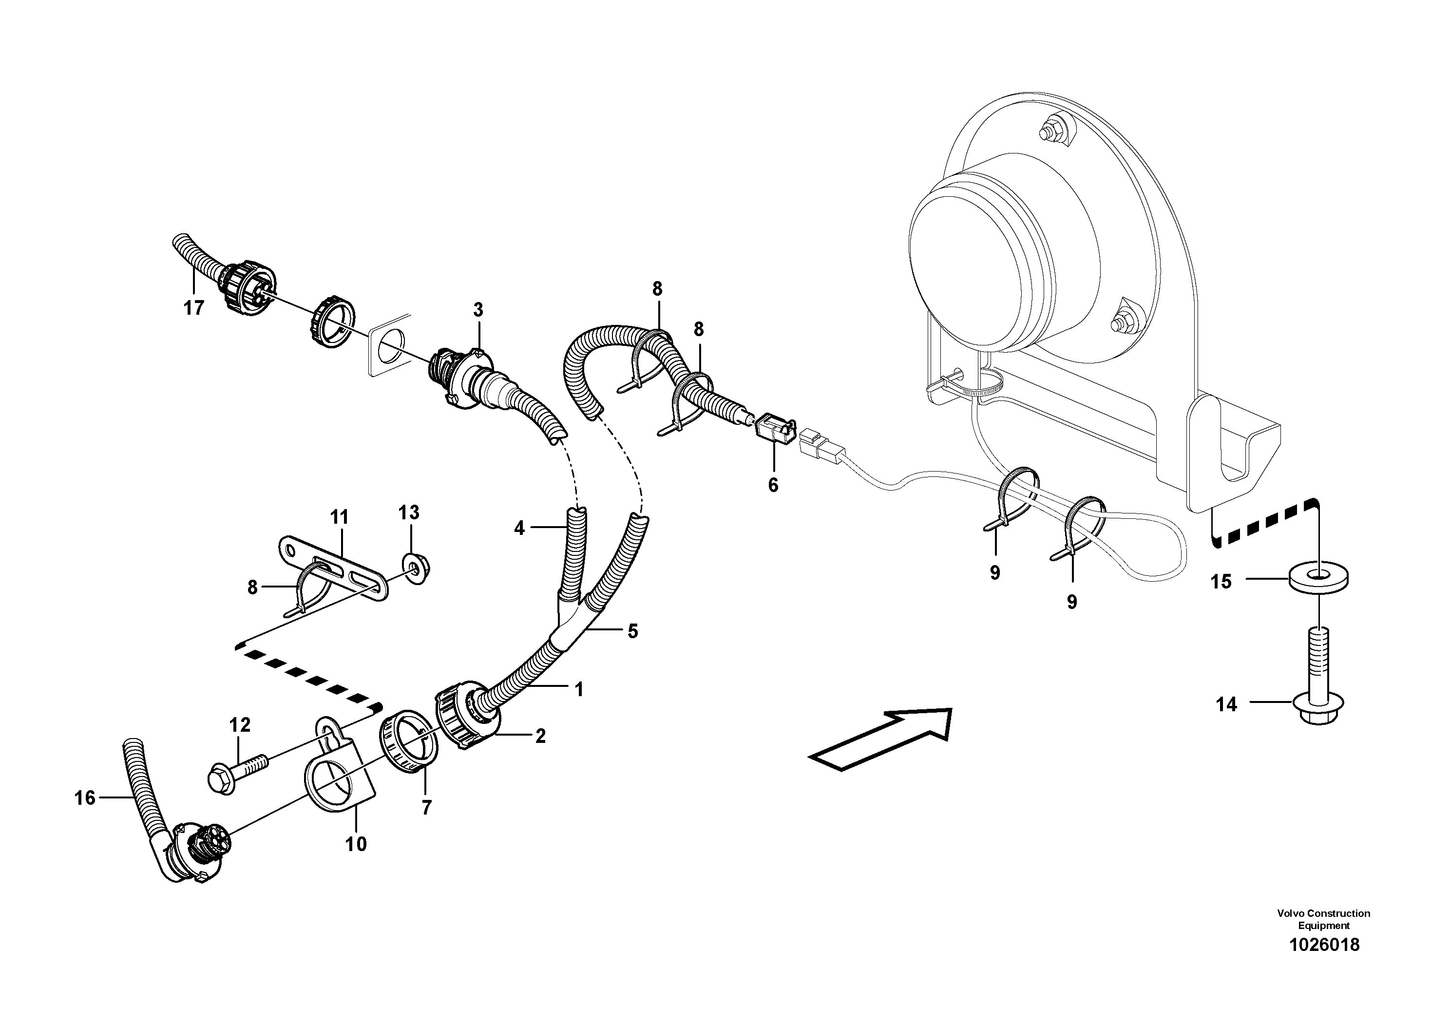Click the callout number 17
tap(194, 308)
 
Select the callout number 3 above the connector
tap(478, 310)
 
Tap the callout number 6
tap(773, 485)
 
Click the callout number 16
tap(85, 798)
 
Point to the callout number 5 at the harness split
tap(633, 631)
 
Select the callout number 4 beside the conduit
tap(519, 528)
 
